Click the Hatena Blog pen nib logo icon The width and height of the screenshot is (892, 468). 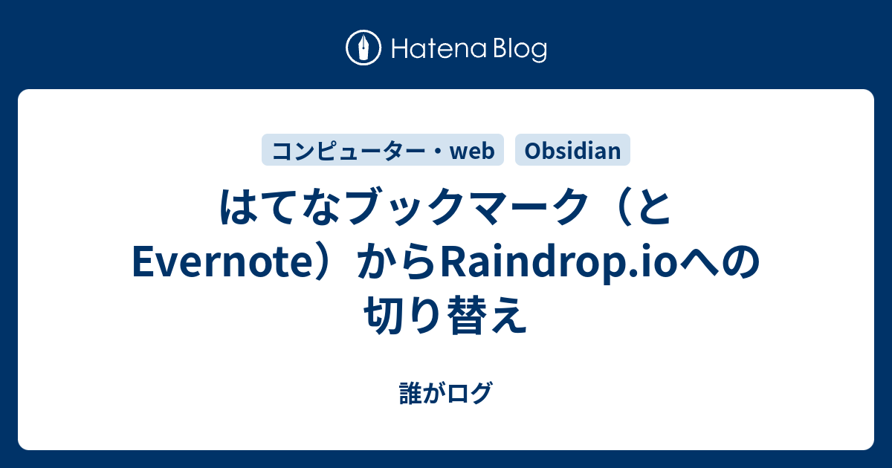[364, 49]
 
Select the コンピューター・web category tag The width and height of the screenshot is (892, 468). [383, 151]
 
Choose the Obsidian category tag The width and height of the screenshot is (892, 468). [572, 151]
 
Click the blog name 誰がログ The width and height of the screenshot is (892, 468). [445, 393]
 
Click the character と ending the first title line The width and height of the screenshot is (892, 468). [654, 210]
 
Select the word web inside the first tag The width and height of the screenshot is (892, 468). [472, 152]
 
